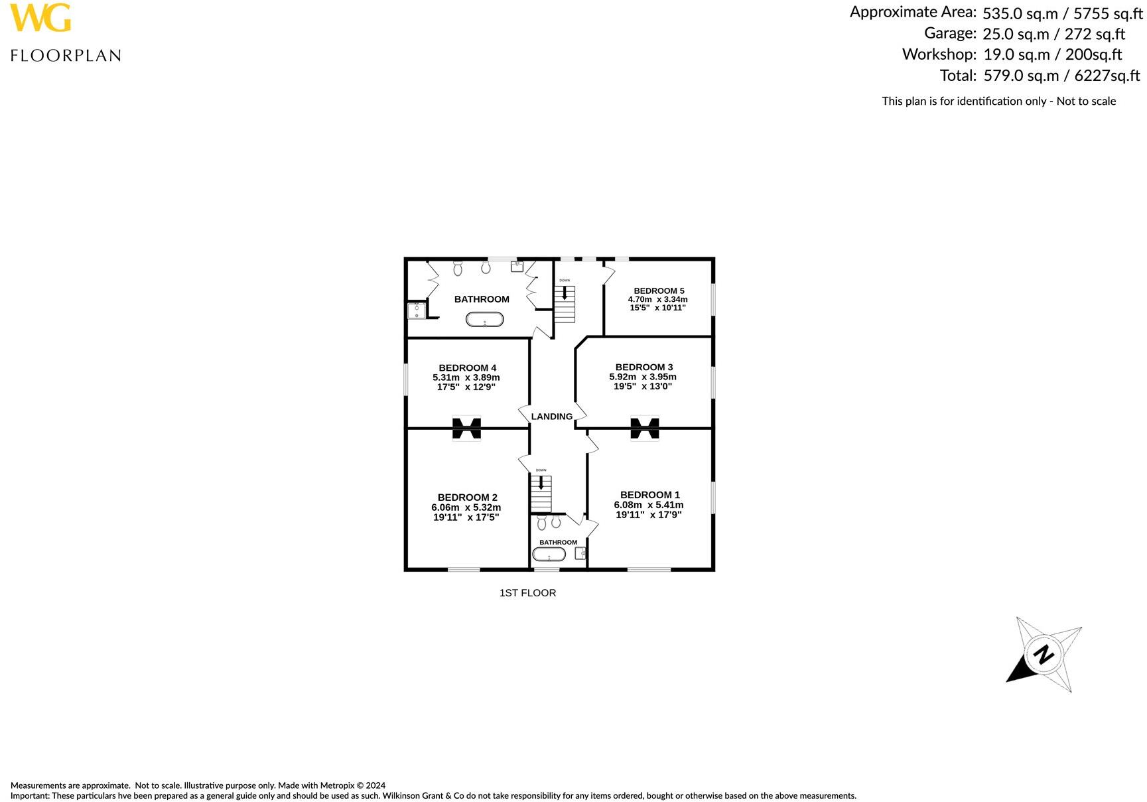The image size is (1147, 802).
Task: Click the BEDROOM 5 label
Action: pos(658,291)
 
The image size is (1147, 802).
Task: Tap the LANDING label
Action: pos(551,417)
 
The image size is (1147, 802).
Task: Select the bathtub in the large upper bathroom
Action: pos(484,320)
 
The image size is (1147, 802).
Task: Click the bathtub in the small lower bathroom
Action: pos(549,554)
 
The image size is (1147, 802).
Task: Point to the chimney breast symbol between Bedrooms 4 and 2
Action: pos(466,428)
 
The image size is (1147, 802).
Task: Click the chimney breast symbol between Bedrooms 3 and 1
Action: pos(644,428)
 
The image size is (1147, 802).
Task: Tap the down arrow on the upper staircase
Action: pos(565,293)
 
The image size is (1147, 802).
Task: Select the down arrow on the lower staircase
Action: pos(541,482)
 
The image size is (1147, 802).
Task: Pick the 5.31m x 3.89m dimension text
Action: pos(466,377)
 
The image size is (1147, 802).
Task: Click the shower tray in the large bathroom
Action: pos(417,310)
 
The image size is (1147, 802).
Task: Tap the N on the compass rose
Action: pos(1044,655)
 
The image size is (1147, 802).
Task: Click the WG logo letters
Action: pos(40,18)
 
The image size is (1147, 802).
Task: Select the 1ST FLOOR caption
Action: pos(527,593)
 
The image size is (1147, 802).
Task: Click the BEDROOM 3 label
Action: pos(643,367)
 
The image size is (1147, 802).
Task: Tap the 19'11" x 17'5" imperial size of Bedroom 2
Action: pos(466,517)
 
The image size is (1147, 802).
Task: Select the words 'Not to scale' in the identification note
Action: pos(1086,101)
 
